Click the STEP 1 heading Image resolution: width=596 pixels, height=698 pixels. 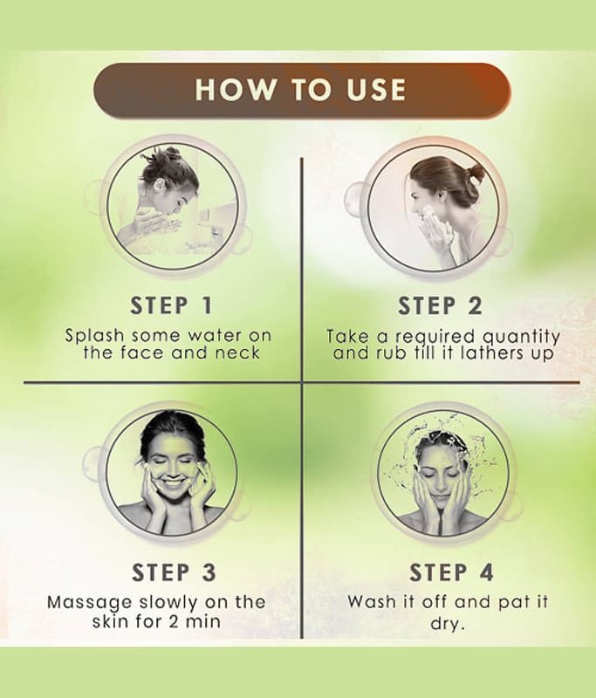click(171, 306)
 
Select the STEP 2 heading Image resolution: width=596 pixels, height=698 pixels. click(440, 306)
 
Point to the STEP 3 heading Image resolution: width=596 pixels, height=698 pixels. click(174, 572)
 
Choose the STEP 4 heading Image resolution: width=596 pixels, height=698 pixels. click(451, 572)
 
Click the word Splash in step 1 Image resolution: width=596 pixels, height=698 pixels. click(95, 336)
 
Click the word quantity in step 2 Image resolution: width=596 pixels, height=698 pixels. click(521, 337)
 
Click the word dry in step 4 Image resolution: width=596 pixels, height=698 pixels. click(447, 624)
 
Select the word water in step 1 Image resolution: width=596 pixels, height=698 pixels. click(215, 336)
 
